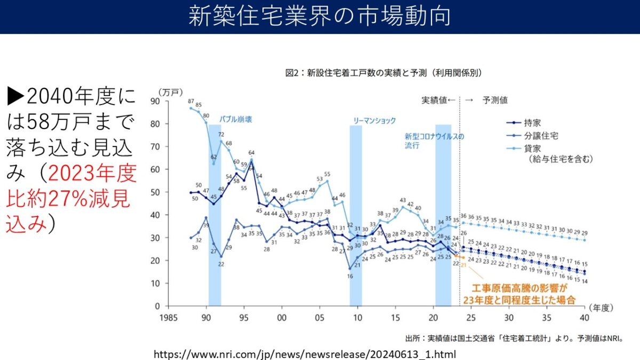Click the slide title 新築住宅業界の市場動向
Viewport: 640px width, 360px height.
pyautogui.click(x=319, y=16)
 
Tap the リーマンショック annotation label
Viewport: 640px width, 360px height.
pyautogui.click(x=375, y=121)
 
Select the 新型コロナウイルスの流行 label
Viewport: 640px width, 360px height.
pyautogui.click(x=434, y=140)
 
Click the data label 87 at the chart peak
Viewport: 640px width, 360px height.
pyautogui.click(x=191, y=101)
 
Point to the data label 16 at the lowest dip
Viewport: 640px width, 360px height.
pyautogui.click(x=350, y=276)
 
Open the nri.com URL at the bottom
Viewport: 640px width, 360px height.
pyautogui.click(x=305, y=354)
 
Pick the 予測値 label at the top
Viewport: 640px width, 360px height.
pyautogui.click(x=495, y=100)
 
